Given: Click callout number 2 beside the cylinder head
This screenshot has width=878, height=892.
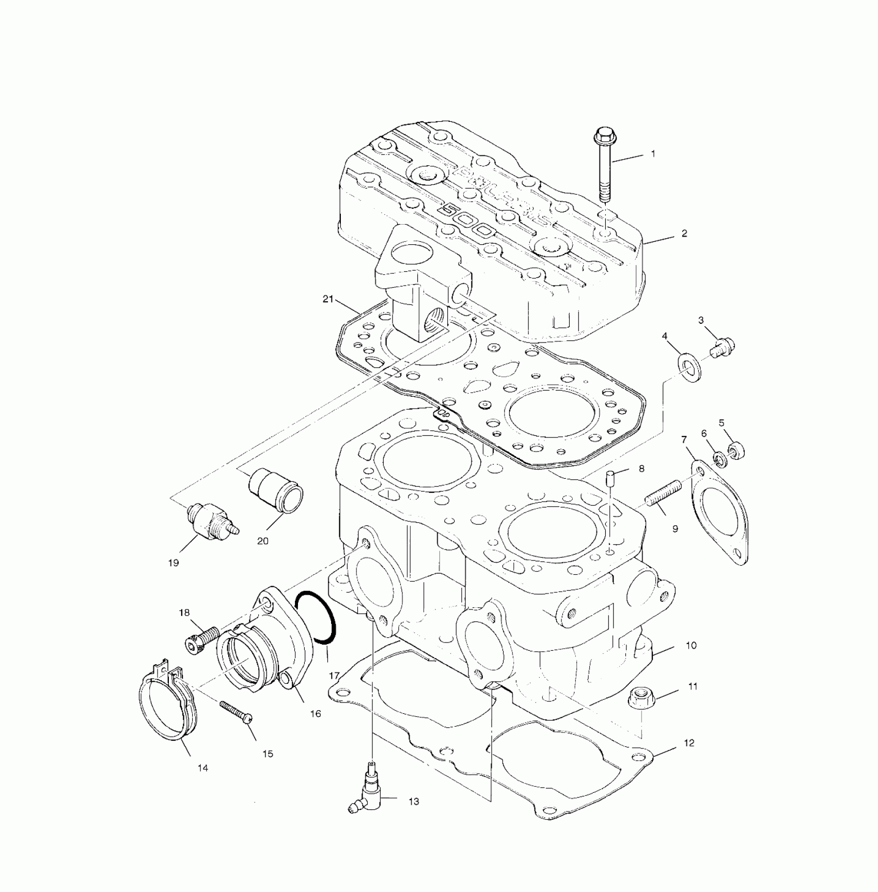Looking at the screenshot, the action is (x=684, y=233).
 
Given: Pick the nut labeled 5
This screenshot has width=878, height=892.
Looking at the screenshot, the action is (x=735, y=450).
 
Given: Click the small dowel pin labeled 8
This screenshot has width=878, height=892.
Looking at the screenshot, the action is (x=610, y=476).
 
